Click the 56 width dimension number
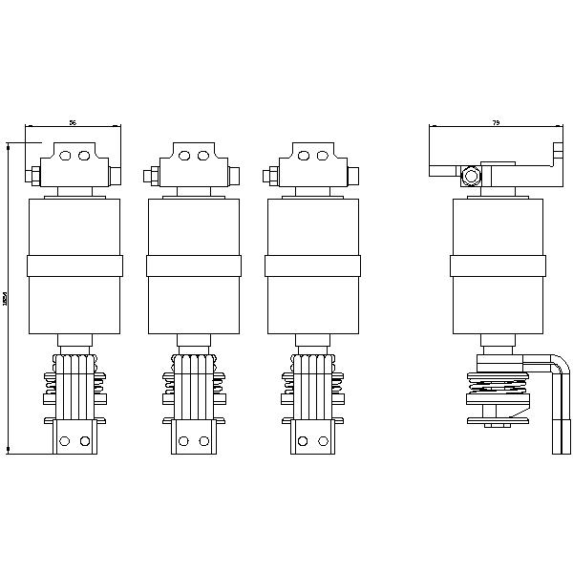(x=74, y=122)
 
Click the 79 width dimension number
(x=496, y=122)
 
